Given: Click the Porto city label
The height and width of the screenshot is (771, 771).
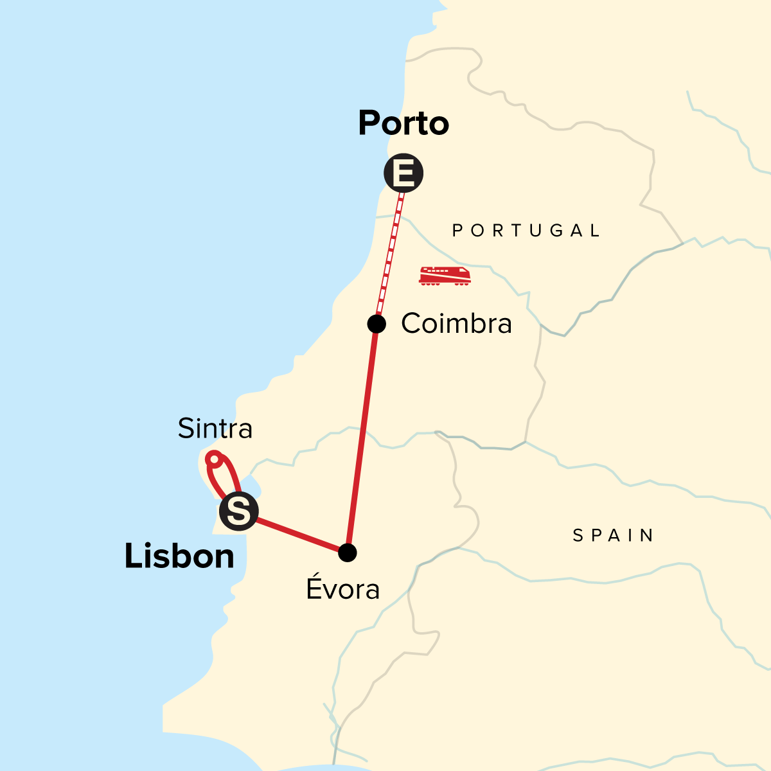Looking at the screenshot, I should (x=403, y=123).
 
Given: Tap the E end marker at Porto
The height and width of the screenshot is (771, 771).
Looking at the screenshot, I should (x=403, y=173).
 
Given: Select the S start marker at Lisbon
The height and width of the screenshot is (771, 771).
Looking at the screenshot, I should (x=238, y=511).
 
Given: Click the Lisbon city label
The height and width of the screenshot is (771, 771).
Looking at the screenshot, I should (x=179, y=556).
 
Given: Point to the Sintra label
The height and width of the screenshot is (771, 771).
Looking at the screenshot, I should (x=215, y=429).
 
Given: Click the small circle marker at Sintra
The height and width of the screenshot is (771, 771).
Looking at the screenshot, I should (x=215, y=459).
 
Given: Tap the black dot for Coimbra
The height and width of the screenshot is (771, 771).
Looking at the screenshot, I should (x=377, y=324).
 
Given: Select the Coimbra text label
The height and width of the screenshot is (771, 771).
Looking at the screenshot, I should (x=456, y=324).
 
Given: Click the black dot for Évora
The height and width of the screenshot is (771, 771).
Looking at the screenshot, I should (x=347, y=552).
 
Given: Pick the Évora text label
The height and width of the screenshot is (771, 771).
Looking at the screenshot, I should (x=343, y=589).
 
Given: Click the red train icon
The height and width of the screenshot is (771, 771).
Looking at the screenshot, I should (x=445, y=275).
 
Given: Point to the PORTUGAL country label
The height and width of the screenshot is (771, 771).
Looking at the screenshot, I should (x=526, y=231).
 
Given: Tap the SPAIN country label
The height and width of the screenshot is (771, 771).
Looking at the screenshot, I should (x=614, y=535).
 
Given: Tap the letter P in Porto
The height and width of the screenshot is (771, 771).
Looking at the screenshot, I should (x=369, y=123).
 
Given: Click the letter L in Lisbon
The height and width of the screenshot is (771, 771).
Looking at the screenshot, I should (x=132, y=556).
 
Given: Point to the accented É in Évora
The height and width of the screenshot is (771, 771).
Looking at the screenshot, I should (x=314, y=587).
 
